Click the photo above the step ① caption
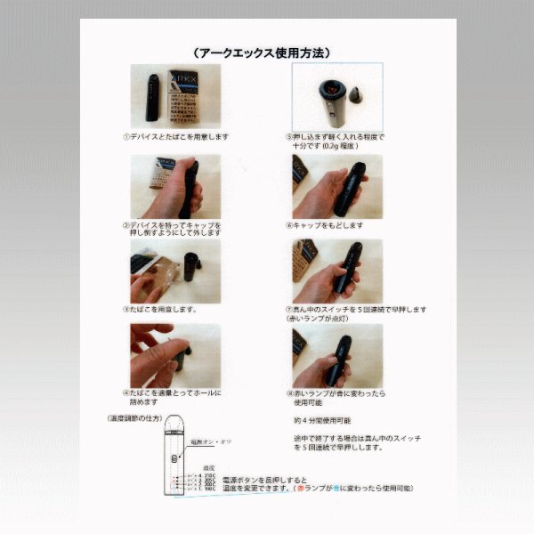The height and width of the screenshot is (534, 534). click(x=176, y=96)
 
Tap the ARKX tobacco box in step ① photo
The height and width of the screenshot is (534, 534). click(x=189, y=96)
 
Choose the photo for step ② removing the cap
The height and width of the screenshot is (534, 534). click(x=176, y=185)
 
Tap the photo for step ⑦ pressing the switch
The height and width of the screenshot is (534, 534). click(x=337, y=270)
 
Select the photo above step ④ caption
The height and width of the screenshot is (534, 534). click(x=176, y=354)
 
